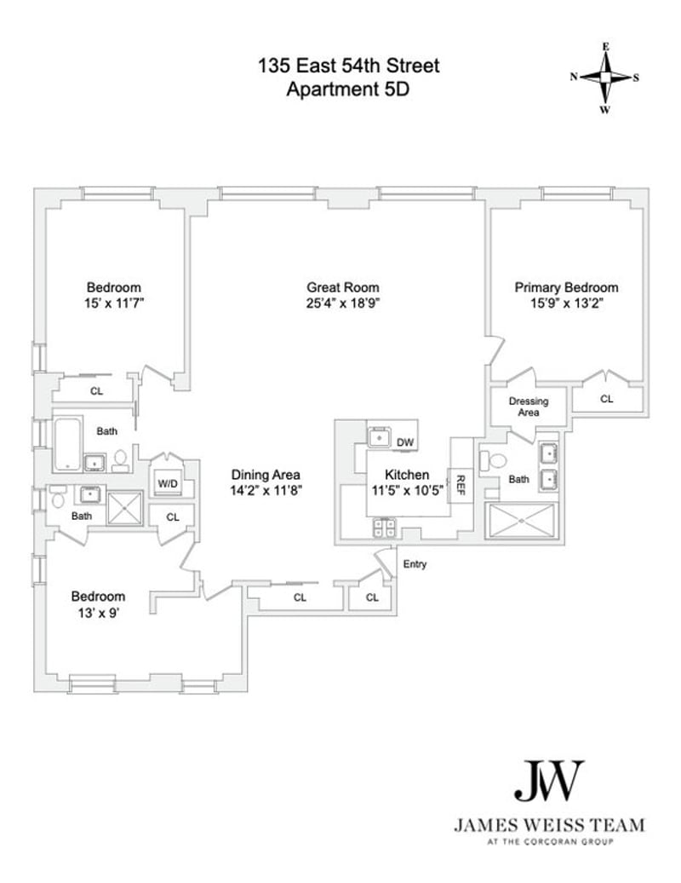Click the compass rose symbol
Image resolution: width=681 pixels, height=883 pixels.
[x=605, y=77]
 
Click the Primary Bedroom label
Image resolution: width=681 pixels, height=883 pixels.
[x=566, y=287]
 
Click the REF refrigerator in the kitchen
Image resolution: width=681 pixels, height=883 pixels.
[x=461, y=484]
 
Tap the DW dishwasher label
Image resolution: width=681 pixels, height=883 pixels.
[x=406, y=442]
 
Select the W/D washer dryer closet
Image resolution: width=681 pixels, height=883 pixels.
[x=168, y=484]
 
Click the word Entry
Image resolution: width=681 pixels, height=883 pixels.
[x=415, y=564]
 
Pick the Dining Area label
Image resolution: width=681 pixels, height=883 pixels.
[x=266, y=475]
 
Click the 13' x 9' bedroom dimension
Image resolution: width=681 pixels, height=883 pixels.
[x=98, y=612]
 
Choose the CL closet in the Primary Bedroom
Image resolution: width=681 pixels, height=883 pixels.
[x=607, y=398]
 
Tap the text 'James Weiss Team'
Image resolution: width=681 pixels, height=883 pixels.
[x=549, y=825]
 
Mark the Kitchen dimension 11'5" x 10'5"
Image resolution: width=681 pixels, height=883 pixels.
[x=405, y=490]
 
